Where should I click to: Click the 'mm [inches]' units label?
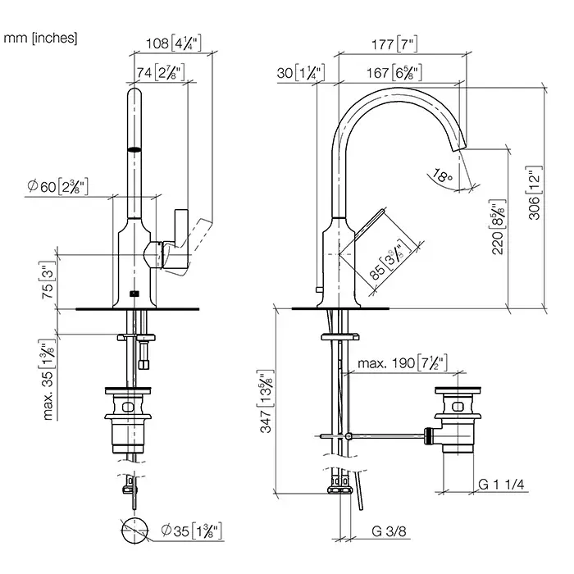click(x=41, y=37)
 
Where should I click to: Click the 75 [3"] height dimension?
click(x=48, y=281)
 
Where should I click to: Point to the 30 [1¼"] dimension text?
click(x=301, y=72)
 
